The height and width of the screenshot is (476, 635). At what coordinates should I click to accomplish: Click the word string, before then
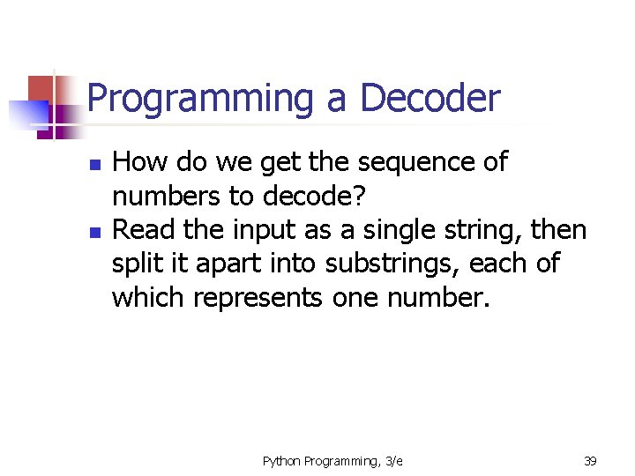tap(483, 231)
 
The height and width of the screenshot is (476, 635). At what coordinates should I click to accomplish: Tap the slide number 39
tap(590, 460)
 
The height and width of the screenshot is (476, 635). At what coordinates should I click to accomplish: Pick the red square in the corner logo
tap(41, 88)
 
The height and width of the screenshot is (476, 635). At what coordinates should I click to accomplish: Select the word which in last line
tap(148, 298)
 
